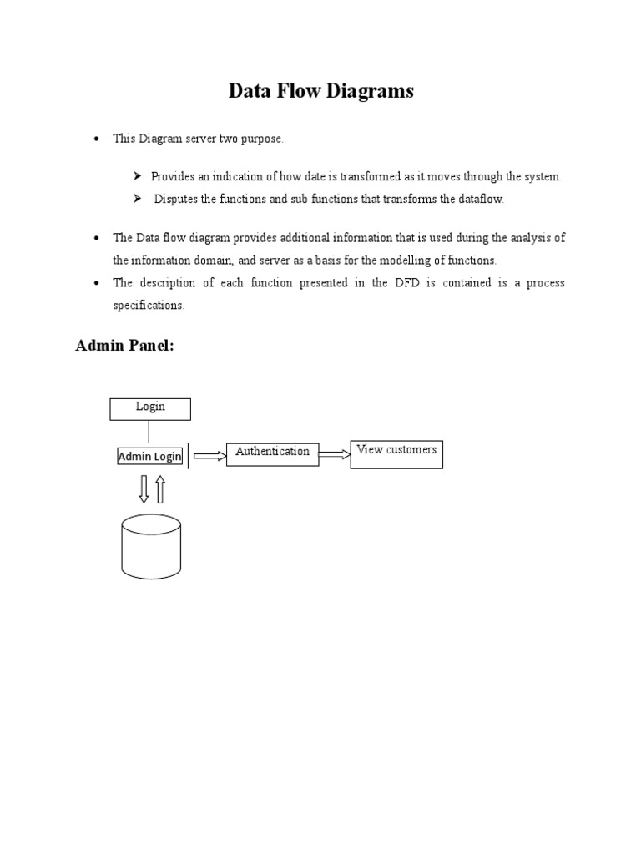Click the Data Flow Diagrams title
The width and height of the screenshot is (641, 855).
click(x=320, y=92)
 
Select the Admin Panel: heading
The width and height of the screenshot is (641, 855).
click(x=124, y=346)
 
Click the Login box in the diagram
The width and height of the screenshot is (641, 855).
click(x=150, y=408)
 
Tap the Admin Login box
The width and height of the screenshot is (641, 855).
click(x=149, y=457)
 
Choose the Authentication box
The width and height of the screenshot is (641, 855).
click(x=272, y=453)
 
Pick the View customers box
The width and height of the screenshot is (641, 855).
click(x=396, y=454)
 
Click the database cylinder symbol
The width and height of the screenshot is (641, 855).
click(x=151, y=546)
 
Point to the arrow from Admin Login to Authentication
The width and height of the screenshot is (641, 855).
click(x=209, y=456)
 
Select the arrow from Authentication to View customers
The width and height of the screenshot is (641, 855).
click(x=335, y=454)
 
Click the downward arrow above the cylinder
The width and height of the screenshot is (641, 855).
click(x=144, y=488)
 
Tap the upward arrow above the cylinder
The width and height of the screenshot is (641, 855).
click(x=160, y=488)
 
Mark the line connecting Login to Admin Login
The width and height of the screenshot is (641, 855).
click(x=149, y=432)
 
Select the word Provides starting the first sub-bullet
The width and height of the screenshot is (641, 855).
click(x=174, y=177)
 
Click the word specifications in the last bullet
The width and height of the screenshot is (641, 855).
click(x=147, y=306)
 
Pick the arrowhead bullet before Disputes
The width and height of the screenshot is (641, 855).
click(x=138, y=200)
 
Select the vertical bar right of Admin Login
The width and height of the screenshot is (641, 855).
click(x=189, y=456)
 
